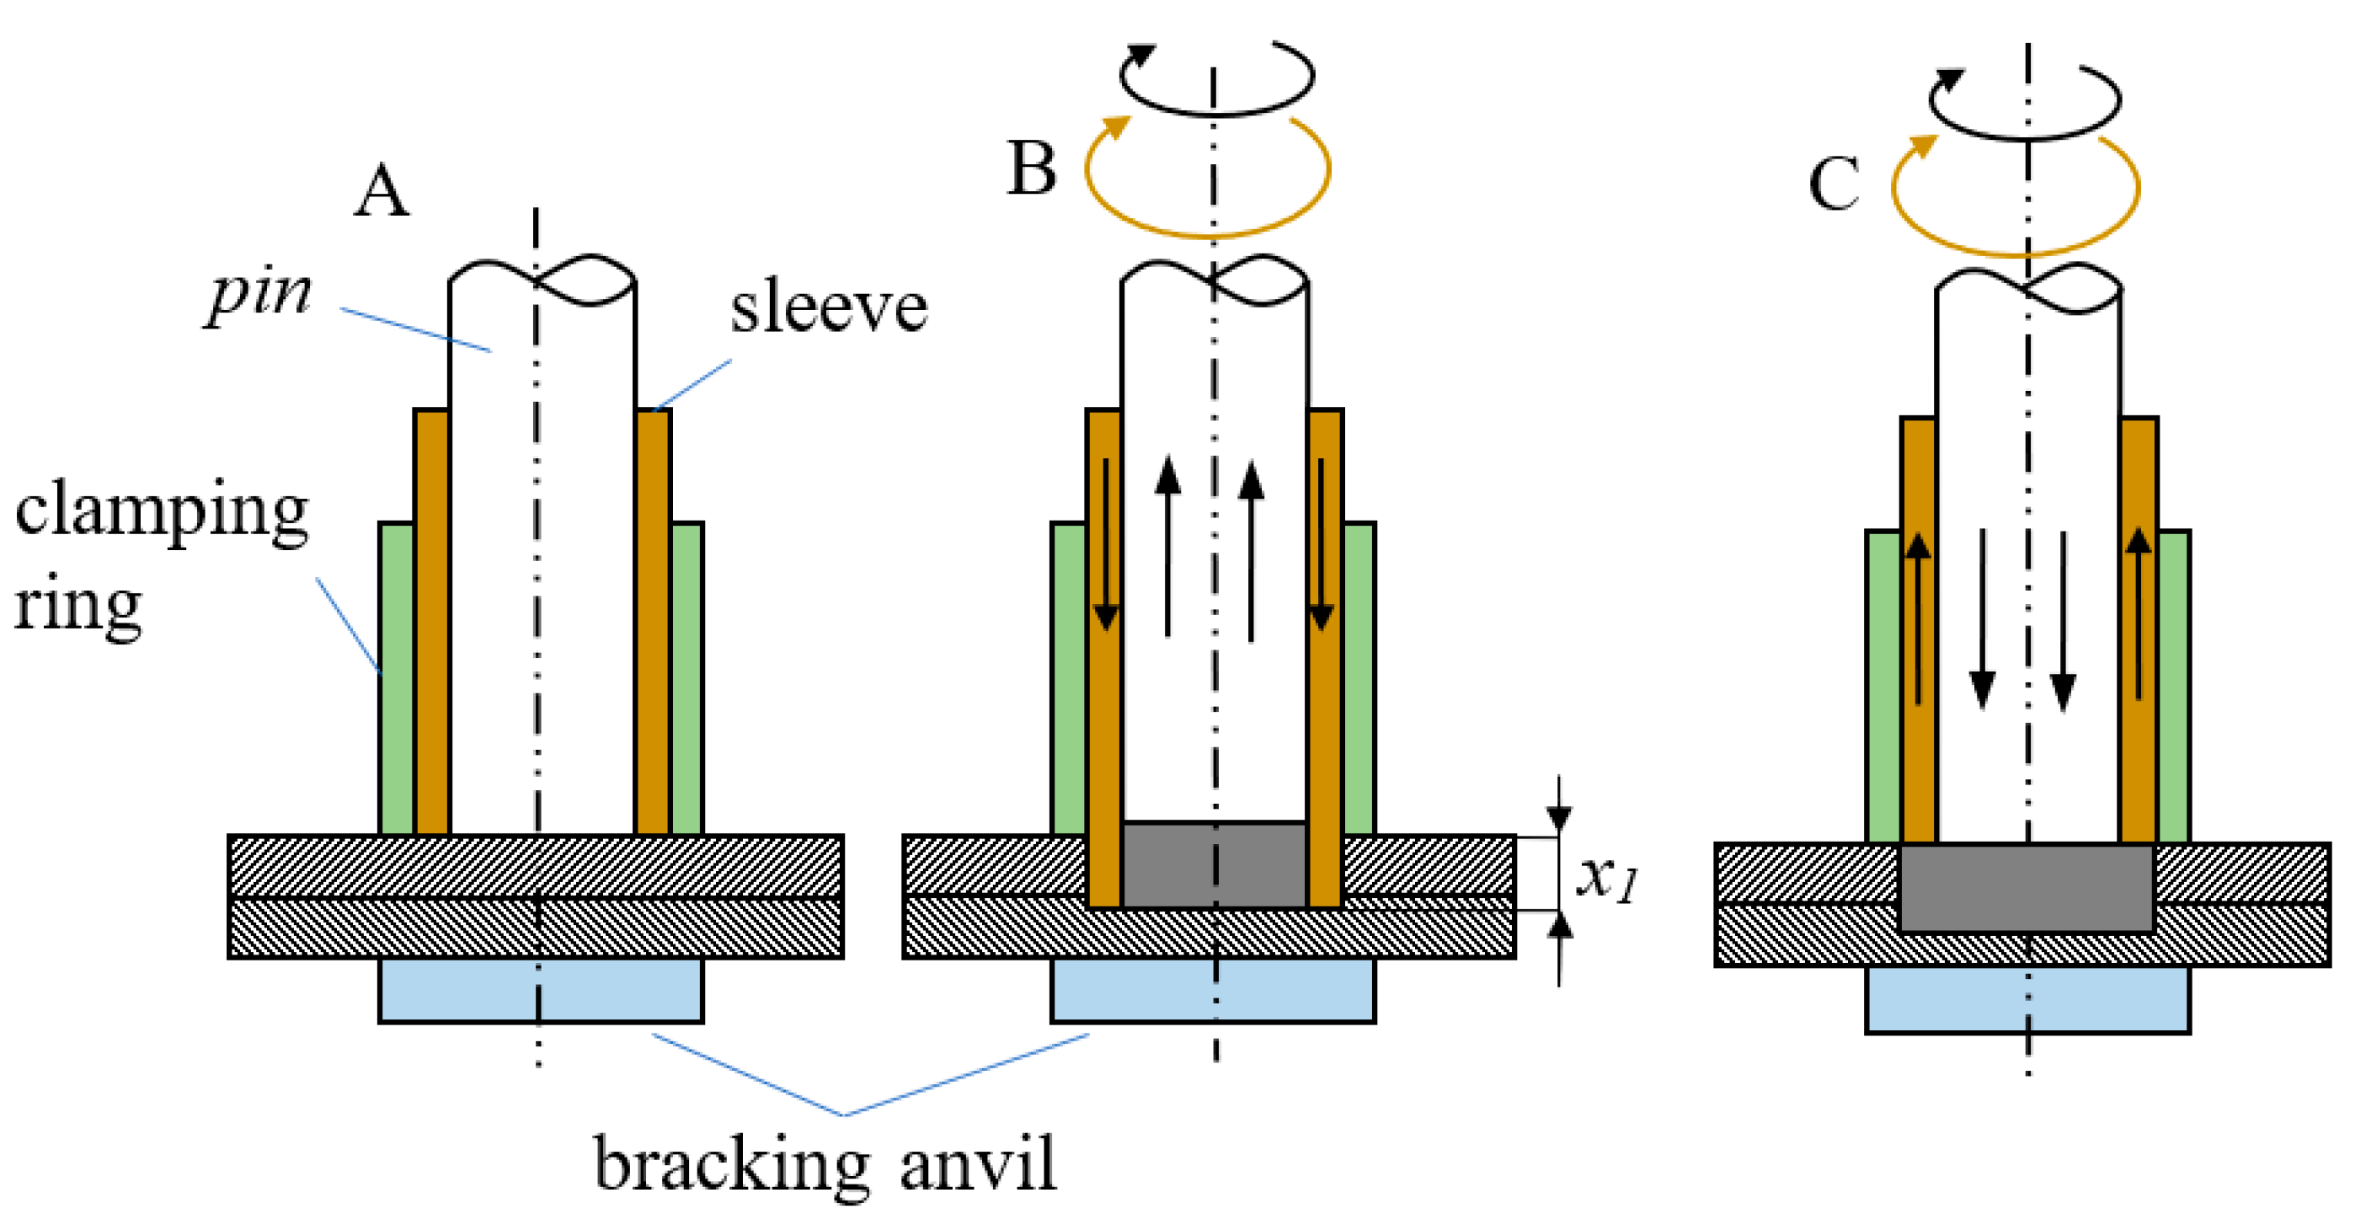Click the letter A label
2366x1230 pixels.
point(382,192)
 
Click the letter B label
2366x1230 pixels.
point(1032,169)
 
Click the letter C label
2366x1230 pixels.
point(1834,184)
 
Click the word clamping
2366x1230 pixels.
point(162,512)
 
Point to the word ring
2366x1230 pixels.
point(77,607)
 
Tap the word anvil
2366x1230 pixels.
point(977,1163)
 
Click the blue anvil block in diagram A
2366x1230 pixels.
point(540,990)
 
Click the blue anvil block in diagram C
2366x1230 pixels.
point(2027,999)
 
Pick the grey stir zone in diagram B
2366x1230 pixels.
point(1213,865)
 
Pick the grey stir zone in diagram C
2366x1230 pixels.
point(2027,887)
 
